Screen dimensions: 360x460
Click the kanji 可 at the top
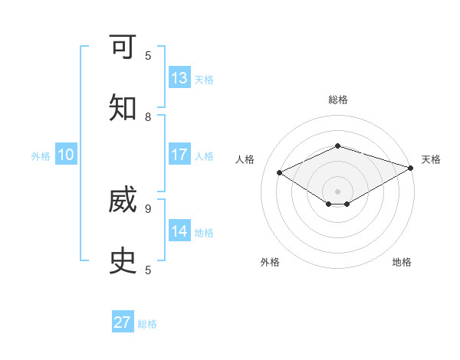(x=123, y=48)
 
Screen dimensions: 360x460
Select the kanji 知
(x=123, y=109)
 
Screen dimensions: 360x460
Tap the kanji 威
(x=123, y=201)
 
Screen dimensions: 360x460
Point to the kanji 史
(x=123, y=261)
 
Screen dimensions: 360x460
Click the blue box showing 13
(x=179, y=78)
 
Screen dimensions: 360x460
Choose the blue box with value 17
(x=179, y=155)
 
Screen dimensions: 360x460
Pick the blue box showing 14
(x=179, y=231)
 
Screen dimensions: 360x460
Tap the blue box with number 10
(x=66, y=155)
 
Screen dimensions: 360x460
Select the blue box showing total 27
(x=123, y=322)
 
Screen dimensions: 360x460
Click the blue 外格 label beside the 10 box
(x=41, y=155)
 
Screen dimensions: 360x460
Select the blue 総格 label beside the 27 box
(x=147, y=323)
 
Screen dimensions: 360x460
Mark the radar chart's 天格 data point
(x=412, y=167)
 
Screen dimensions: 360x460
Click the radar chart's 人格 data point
(x=280, y=173)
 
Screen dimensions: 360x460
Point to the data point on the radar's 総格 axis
(x=337, y=146)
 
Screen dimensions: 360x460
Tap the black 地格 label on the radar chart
(x=402, y=262)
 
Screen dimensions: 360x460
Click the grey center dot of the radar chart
(x=337, y=191)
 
